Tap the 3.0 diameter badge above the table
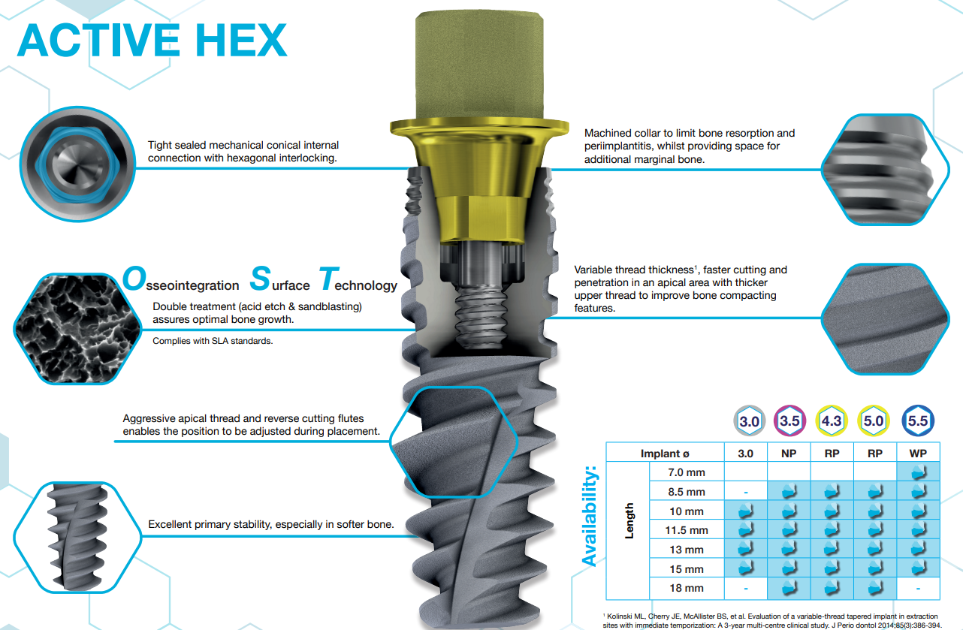749,421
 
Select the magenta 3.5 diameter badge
789,421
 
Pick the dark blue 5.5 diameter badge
917,421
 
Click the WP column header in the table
917,454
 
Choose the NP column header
789,454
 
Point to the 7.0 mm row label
687,472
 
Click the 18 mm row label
687,588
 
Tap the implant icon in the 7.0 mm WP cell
917,472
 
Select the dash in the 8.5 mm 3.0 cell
746,492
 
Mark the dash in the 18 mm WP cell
917,588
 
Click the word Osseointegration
180,282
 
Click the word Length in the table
629,520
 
